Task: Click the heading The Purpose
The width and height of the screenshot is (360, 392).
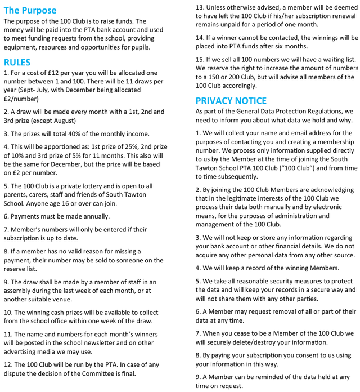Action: pyautogui.click(x=30, y=10)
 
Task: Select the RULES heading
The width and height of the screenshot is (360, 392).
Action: pyautogui.click(x=17, y=62)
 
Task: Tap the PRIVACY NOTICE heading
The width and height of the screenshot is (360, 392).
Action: pyautogui.click(x=231, y=100)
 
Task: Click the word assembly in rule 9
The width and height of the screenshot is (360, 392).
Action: pyautogui.click(x=19, y=291)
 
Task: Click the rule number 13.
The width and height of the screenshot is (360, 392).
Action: pyautogui.click(x=200, y=7)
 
